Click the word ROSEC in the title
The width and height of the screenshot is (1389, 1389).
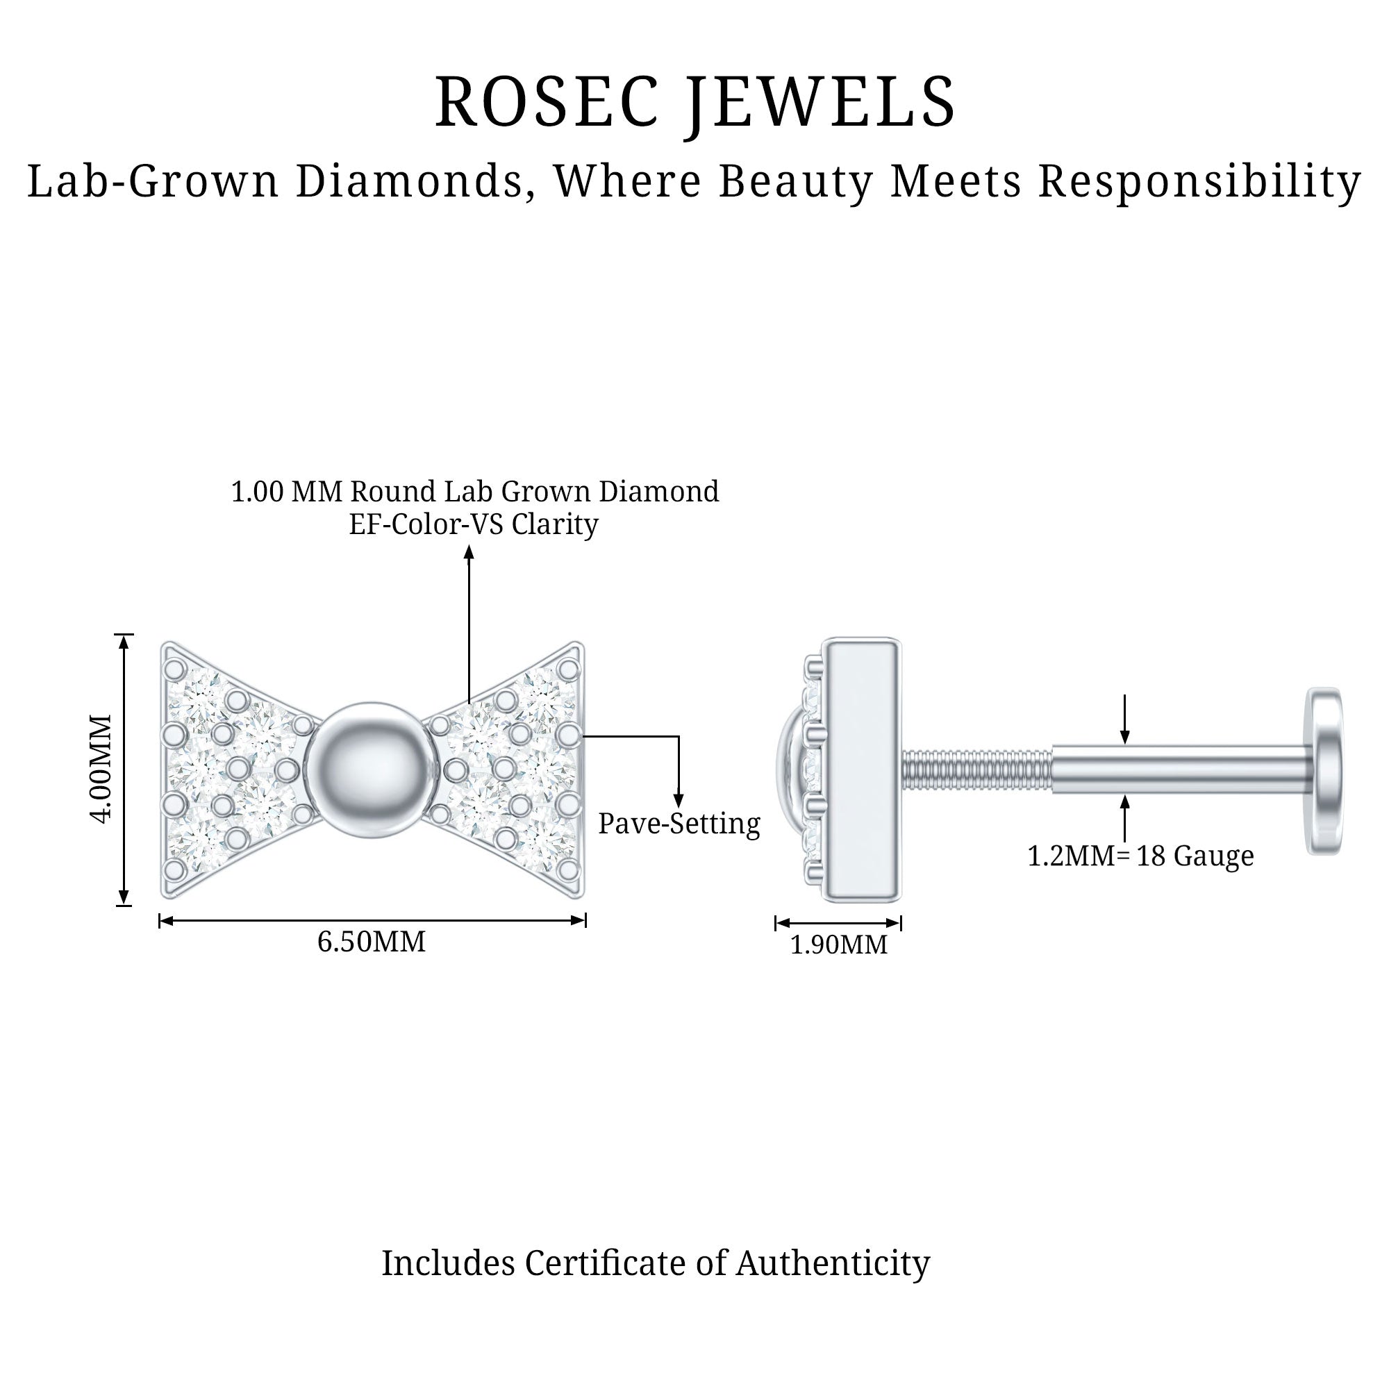(x=547, y=102)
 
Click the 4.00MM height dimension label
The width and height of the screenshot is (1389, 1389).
(x=103, y=769)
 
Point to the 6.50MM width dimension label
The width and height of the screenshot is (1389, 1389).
(x=372, y=942)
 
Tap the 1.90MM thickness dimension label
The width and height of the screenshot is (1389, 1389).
(x=838, y=945)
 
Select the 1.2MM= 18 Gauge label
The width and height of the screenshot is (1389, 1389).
(x=1140, y=856)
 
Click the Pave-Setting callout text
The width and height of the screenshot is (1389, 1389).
(x=679, y=824)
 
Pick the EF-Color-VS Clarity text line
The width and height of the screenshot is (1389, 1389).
(x=473, y=524)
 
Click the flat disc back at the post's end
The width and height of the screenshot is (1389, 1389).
(x=1324, y=771)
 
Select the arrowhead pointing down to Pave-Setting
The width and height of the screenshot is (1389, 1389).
(x=678, y=800)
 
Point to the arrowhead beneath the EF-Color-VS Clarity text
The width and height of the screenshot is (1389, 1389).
(x=469, y=552)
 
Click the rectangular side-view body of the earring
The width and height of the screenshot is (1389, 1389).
(x=861, y=770)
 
